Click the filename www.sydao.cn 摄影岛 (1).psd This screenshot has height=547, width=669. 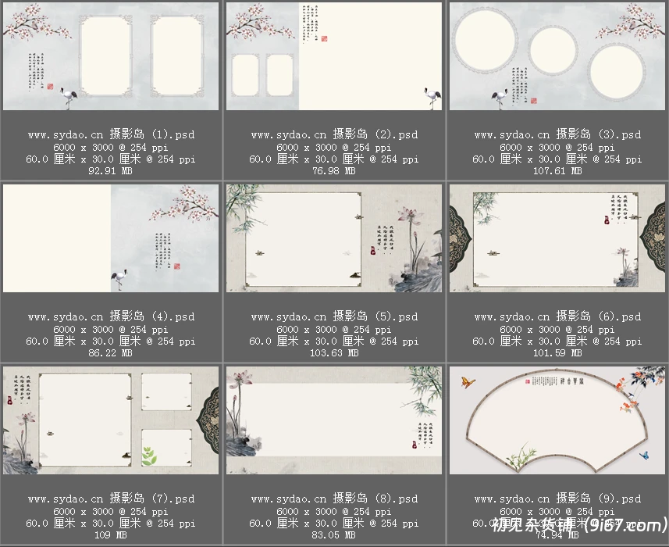click(x=111, y=134)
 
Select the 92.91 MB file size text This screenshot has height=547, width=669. click(x=111, y=171)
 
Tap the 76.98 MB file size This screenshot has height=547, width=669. click(x=334, y=171)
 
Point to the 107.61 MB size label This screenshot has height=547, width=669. click(x=557, y=171)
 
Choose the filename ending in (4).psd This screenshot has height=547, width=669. click(x=111, y=316)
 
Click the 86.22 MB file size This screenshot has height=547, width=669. click(x=111, y=353)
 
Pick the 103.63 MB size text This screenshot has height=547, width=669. click(x=334, y=353)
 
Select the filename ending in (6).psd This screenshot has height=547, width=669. click(x=557, y=316)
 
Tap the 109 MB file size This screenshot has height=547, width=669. click(x=111, y=535)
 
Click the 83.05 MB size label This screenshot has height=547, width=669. click(x=334, y=535)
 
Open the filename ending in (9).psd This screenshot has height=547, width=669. click(x=557, y=499)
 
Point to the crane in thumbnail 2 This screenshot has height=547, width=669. click(x=432, y=98)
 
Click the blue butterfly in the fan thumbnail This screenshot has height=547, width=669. click(x=644, y=455)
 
